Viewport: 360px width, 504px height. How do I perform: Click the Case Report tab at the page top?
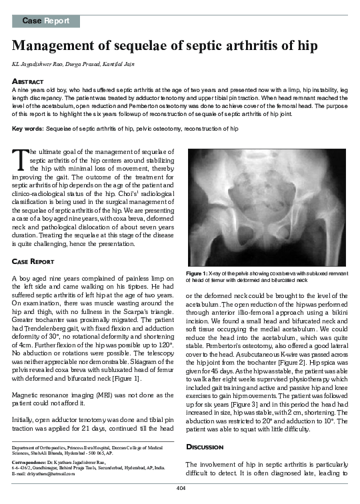coord(45,21)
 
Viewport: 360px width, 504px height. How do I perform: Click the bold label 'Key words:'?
coord(27,128)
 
